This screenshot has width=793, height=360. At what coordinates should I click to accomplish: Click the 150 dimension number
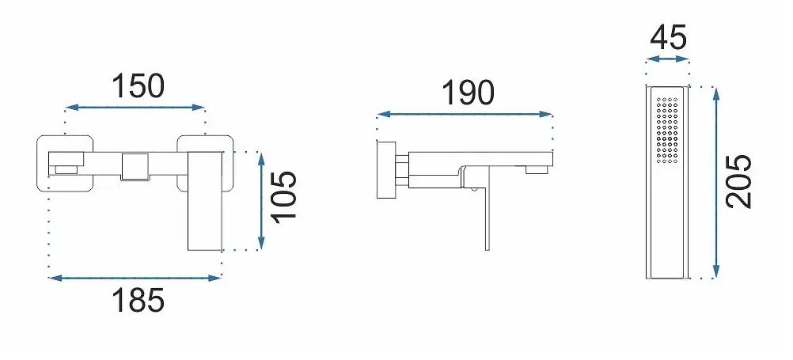pos(138,85)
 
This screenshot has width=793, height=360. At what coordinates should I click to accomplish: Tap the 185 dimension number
pos(138,301)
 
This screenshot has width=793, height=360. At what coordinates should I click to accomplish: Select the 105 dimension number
pos(283,196)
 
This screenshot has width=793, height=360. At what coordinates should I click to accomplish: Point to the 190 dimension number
pos(468,93)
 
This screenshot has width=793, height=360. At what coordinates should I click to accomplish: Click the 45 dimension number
pos(668,37)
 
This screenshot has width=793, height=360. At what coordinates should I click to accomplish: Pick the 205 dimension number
pos(739,181)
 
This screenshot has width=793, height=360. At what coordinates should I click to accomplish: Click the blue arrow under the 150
pos(135,107)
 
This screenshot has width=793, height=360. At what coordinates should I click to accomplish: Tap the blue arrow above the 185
pos(135,278)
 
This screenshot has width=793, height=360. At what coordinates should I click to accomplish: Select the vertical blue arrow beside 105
pos(261,201)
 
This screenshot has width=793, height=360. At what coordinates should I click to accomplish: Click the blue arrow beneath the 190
pos(465,114)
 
